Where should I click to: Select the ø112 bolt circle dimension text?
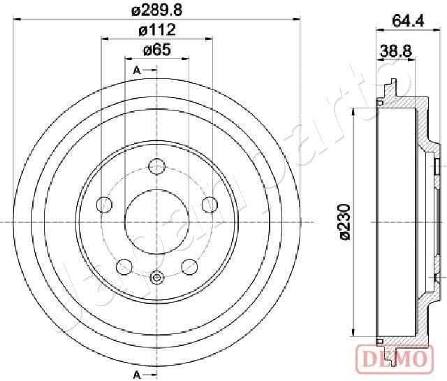pos(156,29)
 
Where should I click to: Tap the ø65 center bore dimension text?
pos(156,50)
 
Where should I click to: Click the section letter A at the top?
pos(137,70)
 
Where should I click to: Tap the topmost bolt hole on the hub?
pos(156,166)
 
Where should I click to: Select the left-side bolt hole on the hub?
pos(104,205)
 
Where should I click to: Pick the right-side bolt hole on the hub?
pos(209,204)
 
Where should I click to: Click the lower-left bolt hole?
pos(124,266)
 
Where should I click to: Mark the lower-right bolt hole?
pos(189,266)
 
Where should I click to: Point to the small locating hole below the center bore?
pos(156,279)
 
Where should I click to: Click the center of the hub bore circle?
pos(156,222)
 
